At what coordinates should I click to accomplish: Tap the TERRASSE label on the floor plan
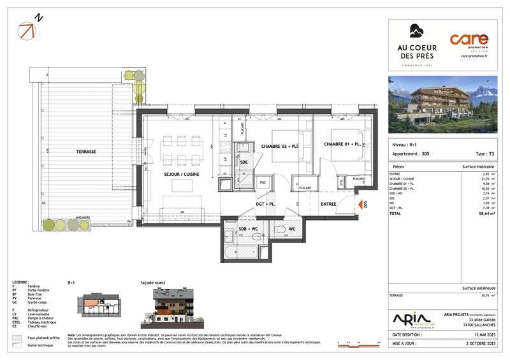coord(84,152)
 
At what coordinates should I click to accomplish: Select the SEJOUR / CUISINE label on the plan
coord(180,174)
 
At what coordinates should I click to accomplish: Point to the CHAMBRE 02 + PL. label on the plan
coord(280,146)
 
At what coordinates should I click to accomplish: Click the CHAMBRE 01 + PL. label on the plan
coord(342,144)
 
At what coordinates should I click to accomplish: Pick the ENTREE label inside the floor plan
coord(329,204)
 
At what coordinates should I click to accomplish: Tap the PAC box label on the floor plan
coord(262,182)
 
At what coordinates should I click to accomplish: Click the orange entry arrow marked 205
coord(358,205)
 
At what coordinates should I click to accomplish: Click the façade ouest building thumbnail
coord(170,308)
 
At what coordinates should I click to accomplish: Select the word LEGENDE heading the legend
coord(20,281)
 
